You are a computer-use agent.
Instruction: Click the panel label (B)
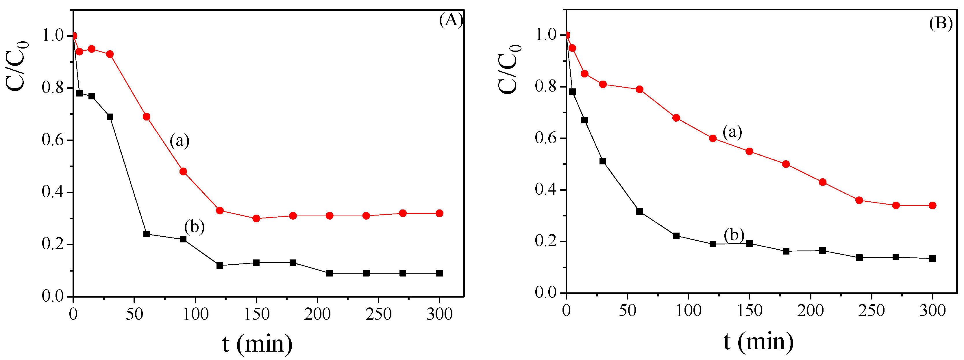[940, 23]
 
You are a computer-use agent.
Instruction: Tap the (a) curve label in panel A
[180, 141]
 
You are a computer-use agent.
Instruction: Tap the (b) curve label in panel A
[194, 227]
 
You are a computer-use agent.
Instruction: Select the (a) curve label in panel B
[732, 132]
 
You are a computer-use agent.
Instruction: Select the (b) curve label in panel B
[734, 235]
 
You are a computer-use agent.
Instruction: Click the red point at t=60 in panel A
[146, 117]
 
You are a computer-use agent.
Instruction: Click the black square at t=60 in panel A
[146, 234]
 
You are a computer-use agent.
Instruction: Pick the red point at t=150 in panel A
[256, 218]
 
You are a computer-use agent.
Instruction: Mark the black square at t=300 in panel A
[439, 273]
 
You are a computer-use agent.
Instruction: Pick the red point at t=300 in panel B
[932, 205]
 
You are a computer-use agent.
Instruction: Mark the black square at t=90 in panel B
[676, 236]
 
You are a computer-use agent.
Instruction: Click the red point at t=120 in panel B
[713, 138]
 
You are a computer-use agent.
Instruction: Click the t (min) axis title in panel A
[257, 343]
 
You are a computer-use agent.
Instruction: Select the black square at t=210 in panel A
[329, 273]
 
